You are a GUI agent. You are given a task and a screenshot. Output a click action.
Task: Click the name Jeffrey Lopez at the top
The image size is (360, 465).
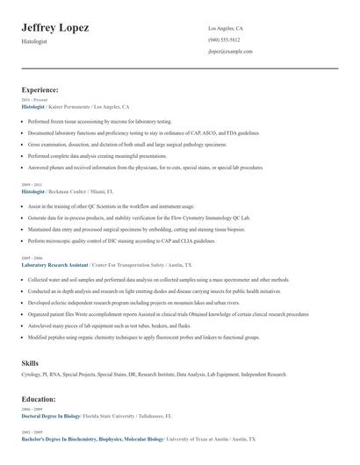pos(54,28)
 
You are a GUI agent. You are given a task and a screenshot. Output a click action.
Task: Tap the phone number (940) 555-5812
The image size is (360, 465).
pos(224,40)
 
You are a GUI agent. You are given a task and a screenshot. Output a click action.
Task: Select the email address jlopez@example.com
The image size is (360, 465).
pos(230,52)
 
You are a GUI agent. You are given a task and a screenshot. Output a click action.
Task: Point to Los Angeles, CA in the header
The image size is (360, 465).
pos(226,29)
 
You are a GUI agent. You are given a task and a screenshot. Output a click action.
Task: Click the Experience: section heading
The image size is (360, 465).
pos(40,89)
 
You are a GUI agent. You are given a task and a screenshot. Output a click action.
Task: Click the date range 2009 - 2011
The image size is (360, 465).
pos(31,184)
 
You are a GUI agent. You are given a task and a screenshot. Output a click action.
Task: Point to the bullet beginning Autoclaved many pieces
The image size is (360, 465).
pos(114,324)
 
